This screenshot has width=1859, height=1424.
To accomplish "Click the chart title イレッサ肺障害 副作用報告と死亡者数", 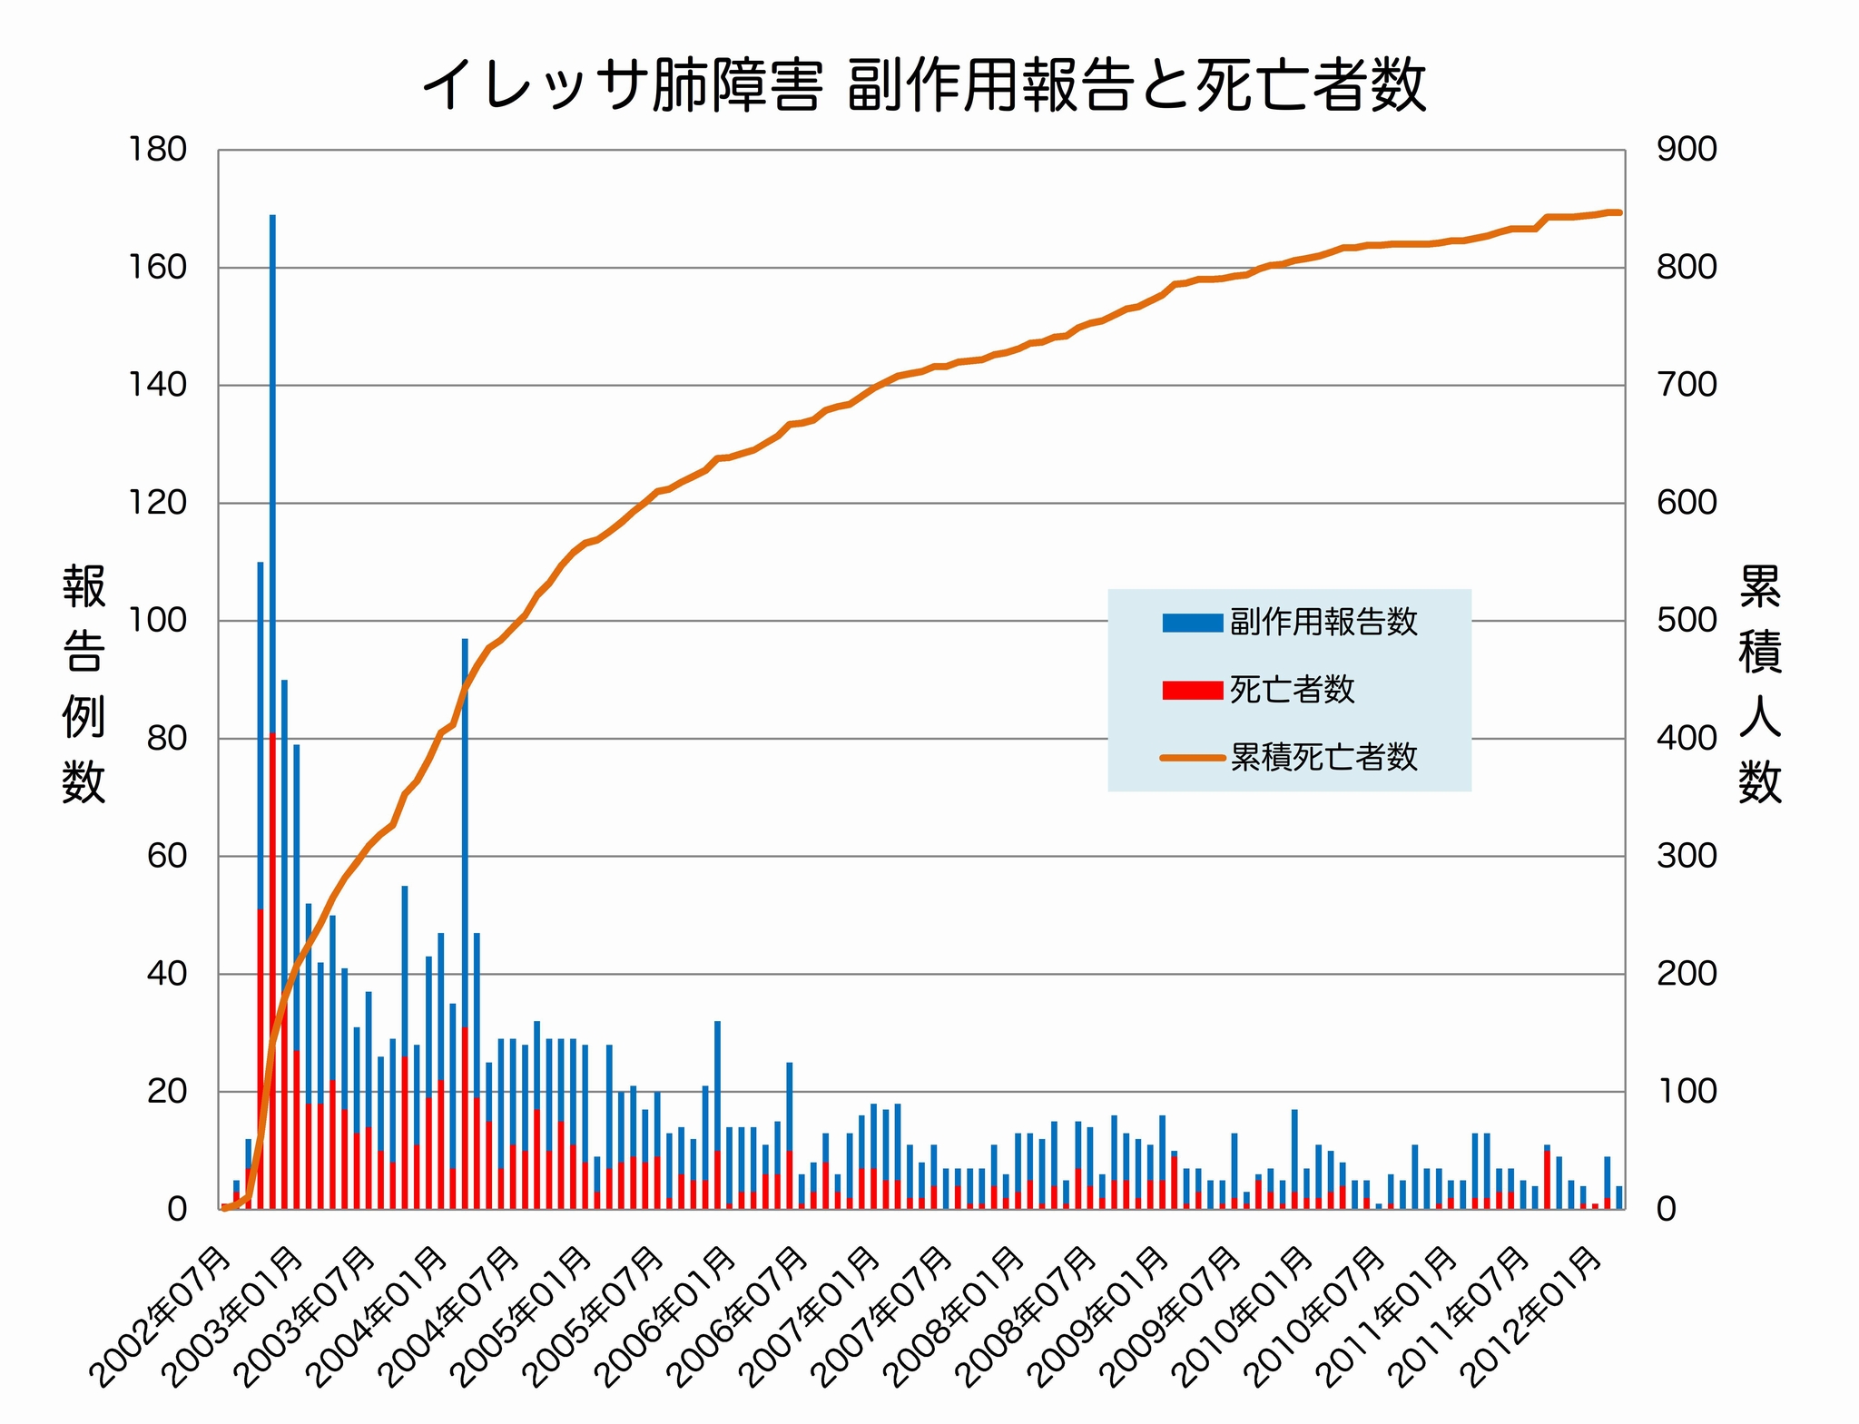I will coord(924,86).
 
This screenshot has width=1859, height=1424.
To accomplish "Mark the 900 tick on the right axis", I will coord(1687,150).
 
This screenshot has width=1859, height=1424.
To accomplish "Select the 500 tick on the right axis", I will coord(1687,621).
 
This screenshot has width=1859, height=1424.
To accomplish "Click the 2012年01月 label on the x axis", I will coord(1539,1316).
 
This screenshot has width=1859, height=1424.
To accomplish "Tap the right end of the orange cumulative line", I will coord(1619,212).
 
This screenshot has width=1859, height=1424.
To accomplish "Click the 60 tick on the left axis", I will coord(166,856).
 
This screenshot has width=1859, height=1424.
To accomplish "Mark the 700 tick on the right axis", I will coord(1687,385).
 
